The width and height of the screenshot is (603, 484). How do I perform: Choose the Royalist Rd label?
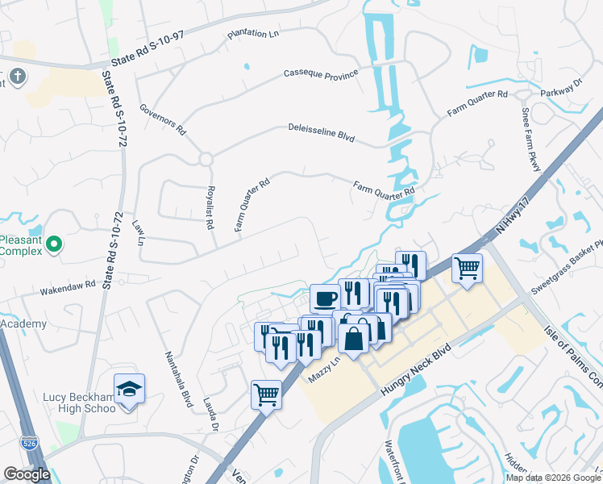tap(206, 208)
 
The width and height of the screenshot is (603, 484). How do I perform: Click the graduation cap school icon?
tap(129, 389)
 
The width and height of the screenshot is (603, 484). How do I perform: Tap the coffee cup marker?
tap(325, 298)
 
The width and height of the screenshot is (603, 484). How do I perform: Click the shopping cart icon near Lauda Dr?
tap(266, 394)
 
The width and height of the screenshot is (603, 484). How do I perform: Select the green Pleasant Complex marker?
tap(53, 243)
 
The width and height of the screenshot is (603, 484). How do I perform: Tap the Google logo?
tap(27, 474)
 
